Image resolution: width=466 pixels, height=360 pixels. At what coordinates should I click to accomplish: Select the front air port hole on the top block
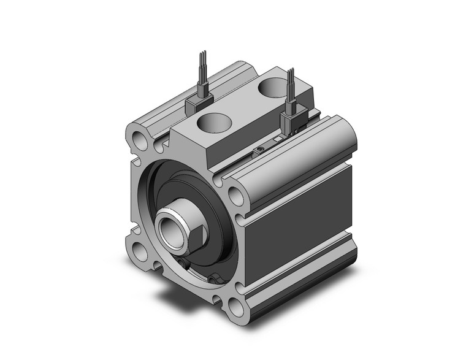211,122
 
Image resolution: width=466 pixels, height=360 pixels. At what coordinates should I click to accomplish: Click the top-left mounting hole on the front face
138,140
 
